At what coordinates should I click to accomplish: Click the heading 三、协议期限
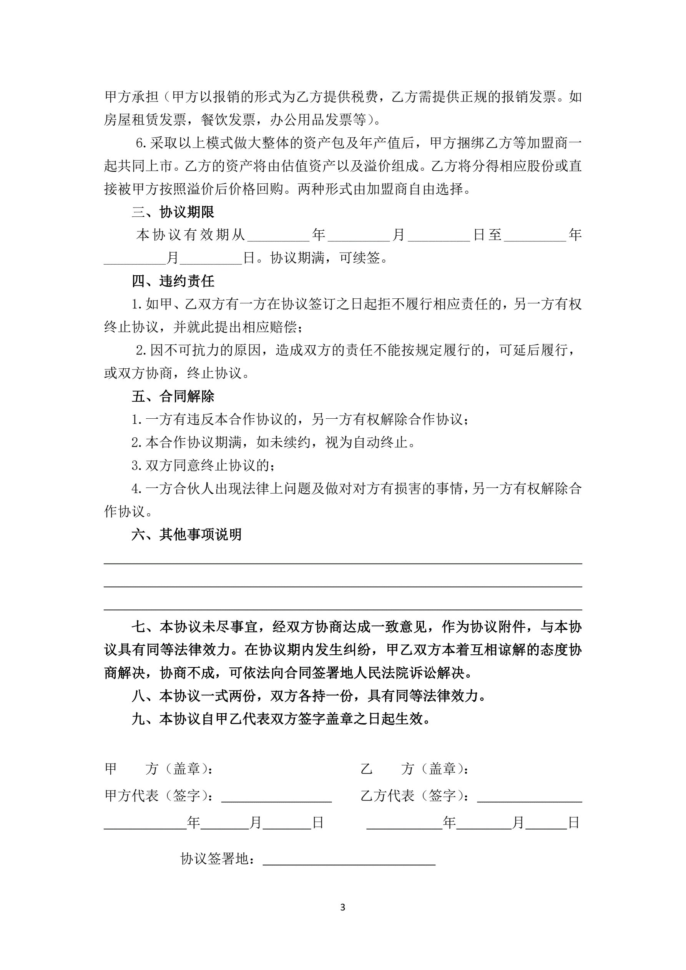(x=173, y=212)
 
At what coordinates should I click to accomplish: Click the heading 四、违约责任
(x=173, y=281)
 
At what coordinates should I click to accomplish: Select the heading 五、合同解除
(x=173, y=396)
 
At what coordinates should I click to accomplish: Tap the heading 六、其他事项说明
(x=186, y=534)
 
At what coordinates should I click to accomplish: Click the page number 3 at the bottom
(x=342, y=907)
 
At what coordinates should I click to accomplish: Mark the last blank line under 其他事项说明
(x=342, y=609)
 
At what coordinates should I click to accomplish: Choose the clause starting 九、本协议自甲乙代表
(x=281, y=719)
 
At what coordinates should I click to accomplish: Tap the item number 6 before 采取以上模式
(x=140, y=143)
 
